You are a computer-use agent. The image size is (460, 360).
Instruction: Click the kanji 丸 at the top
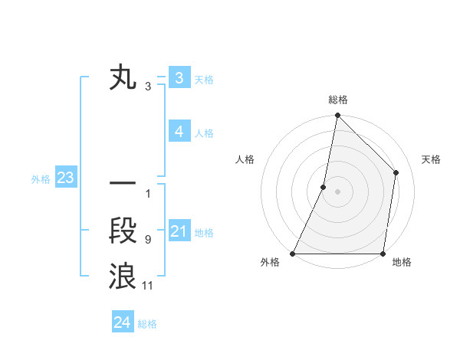click(x=123, y=79)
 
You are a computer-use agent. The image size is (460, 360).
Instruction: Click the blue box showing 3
click(x=179, y=78)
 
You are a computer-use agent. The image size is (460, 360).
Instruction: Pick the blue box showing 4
click(x=179, y=132)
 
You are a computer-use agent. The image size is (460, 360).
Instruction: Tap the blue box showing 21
click(x=179, y=231)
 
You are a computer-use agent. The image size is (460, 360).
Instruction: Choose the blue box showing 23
click(x=65, y=178)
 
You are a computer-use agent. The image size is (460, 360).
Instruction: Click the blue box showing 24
click(x=123, y=322)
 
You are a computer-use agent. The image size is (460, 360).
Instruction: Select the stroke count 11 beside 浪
click(x=148, y=286)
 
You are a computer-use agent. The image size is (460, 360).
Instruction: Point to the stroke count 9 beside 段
click(x=147, y=240)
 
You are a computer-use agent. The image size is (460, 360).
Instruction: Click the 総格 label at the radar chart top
click(x=338, y=100)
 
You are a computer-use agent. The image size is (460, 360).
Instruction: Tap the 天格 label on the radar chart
click(x=431, y=159)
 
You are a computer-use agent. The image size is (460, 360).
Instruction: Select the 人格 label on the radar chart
click(x=245, y=159)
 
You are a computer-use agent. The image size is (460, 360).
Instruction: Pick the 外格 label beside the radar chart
click(x=270, y=263)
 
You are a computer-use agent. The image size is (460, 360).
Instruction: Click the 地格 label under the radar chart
click(x=402, y=263)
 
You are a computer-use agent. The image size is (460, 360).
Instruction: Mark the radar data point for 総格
click(x=337, y=116)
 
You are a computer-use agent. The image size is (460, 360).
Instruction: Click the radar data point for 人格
click(x=324, y=187)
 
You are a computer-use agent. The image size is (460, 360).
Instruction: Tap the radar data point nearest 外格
click(x=293, y=253)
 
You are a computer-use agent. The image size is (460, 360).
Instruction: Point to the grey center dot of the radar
click(x=337, y=191)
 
